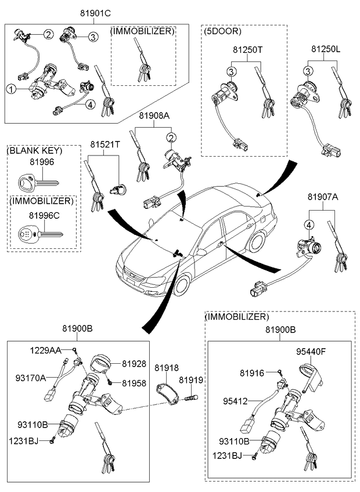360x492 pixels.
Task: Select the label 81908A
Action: tap(154, 116)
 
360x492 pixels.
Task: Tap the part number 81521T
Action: tap(105, 143)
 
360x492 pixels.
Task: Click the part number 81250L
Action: tap(325, 50)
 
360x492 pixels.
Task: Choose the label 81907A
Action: tap(322, 197)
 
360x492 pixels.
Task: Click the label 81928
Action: tap(135, 364)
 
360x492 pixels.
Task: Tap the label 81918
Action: tap(167, 368)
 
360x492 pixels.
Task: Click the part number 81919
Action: tap(190, 380)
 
